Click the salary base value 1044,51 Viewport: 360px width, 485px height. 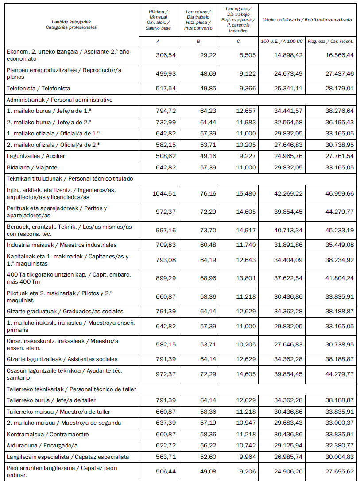[x=164, y=192]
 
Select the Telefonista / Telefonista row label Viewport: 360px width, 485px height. [x=38, y=89]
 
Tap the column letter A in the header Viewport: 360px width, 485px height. [x=158, y=41]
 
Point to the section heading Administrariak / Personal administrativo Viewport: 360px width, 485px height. [x=59, y=100]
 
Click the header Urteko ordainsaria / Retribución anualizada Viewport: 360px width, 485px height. [x=307, y=20]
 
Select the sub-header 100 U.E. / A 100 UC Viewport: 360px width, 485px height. [x=282, y=41]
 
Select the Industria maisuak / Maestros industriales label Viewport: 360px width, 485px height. [x=62, y=245]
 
